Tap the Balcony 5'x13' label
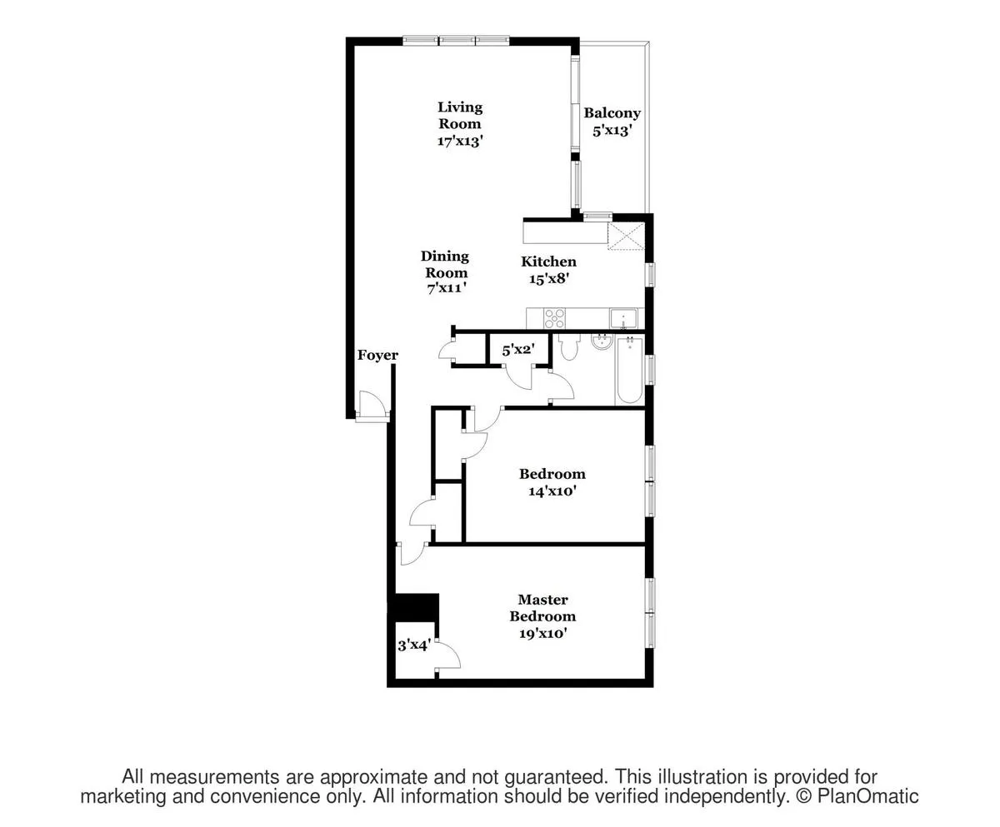612,122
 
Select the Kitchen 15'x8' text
548,270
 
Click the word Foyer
377,356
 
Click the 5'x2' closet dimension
517,351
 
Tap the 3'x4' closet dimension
412,645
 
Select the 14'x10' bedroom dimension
552,491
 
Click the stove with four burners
554,317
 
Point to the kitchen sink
623,317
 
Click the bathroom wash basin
601,342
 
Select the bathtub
628,371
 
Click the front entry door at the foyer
372,408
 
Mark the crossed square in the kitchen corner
627,235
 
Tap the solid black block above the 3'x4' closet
416,606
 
